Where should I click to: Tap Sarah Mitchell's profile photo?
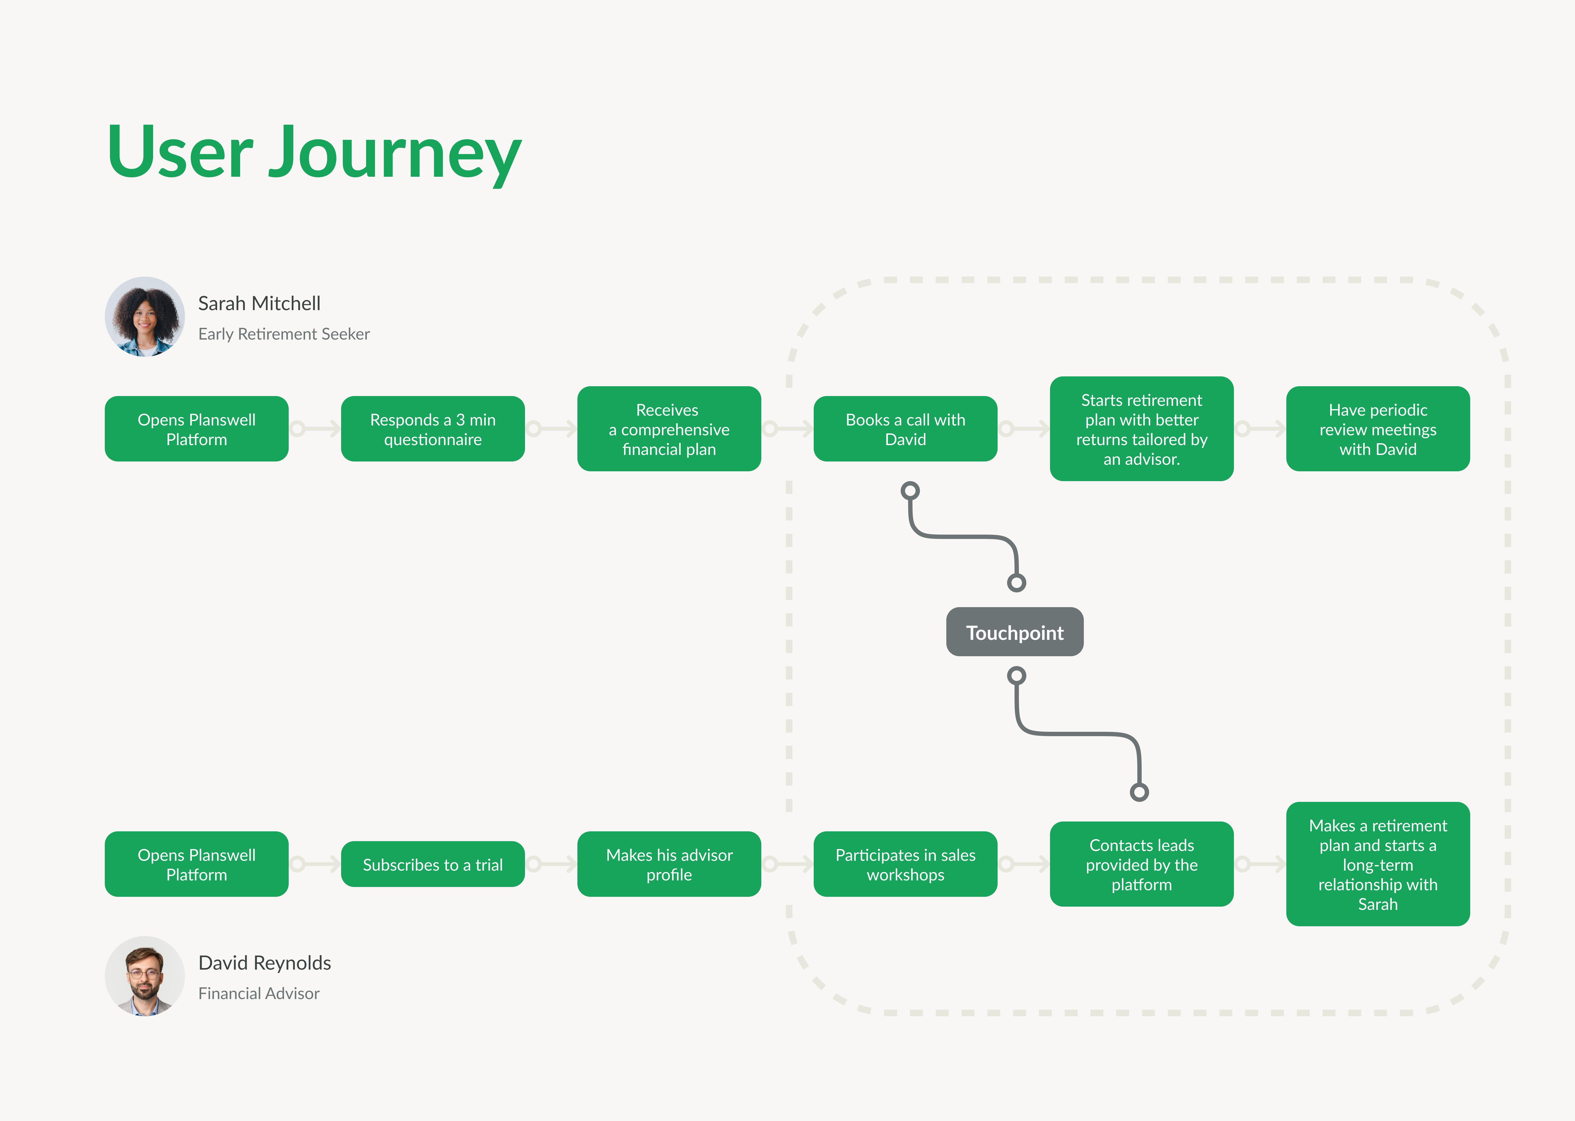pyautogui.click(x=144, y=317)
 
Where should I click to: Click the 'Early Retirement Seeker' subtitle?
pyautogui.click(x=284, y=334)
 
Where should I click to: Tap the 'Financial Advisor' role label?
pyautogui.click(x=259, y=993)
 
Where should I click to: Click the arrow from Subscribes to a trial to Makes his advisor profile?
pyautogui.click(x=551, y=864)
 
